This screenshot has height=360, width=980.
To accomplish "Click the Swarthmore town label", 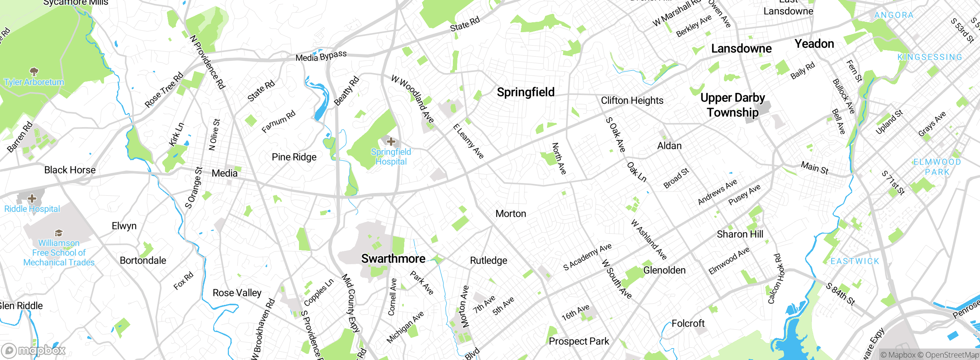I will [393, 259].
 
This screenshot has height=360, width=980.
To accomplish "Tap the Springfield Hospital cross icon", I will [391, 142].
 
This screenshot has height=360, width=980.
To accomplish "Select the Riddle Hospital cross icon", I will [32, 198].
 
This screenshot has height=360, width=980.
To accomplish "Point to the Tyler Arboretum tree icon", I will [34, 72].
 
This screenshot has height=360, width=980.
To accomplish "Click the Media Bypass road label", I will [321, 56].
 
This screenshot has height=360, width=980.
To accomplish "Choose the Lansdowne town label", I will [741, 49].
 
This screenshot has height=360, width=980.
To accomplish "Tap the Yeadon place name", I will [814, 44].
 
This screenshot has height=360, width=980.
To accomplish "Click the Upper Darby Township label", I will [732, 105].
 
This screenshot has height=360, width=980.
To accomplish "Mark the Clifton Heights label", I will [632, 101].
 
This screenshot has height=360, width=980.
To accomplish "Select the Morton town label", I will [511, 214].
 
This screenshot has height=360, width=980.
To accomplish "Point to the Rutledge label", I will [488, 261].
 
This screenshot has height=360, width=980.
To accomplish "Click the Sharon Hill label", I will [740, 234].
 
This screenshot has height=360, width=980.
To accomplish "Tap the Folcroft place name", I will [688, 324].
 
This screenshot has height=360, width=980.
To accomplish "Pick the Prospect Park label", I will [578, 341].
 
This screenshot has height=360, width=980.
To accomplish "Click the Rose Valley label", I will [237, 293].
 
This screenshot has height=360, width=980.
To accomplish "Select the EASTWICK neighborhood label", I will [855, 261].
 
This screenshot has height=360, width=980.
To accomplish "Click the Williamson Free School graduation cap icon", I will [59, 233].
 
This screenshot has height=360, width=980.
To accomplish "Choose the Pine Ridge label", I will [294, 157].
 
